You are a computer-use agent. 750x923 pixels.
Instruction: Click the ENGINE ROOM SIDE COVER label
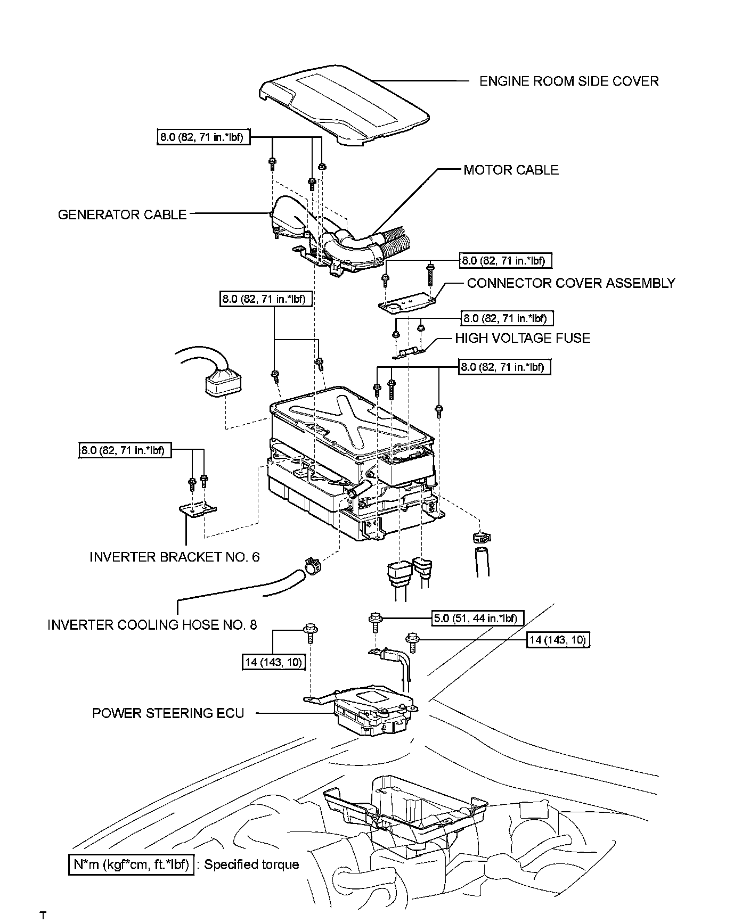point(569,81)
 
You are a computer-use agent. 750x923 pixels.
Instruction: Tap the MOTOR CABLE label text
point(511,170)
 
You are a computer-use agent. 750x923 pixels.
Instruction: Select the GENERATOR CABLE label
point(122,215)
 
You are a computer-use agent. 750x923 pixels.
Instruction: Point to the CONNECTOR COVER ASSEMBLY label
point(571,283)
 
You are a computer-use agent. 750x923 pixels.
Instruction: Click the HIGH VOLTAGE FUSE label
point(523,339)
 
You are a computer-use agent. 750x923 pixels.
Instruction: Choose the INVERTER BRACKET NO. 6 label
point(175,557)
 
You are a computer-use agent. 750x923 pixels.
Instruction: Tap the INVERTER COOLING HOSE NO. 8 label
point(152,625)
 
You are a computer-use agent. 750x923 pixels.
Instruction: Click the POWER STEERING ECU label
point(168,713)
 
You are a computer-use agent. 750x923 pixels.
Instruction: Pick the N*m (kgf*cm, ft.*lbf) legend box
point(131,864)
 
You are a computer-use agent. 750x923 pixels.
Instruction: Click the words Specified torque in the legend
point(251,864)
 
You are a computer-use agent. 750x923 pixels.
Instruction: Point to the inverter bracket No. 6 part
point(198,510)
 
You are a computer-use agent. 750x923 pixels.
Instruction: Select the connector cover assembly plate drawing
point(407,303)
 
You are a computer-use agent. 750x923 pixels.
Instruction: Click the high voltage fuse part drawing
point(409,352)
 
